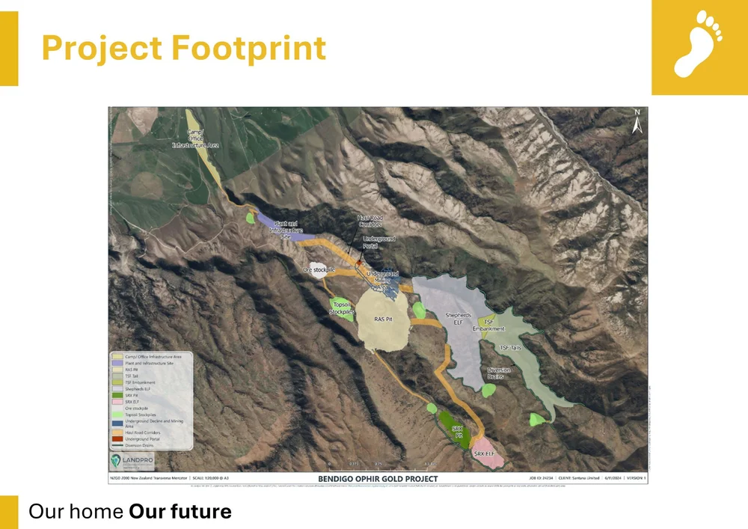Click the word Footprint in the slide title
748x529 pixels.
tap(248, 48)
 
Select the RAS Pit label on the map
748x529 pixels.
tap(383, 320)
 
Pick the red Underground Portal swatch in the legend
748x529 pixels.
tap(117, 438)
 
